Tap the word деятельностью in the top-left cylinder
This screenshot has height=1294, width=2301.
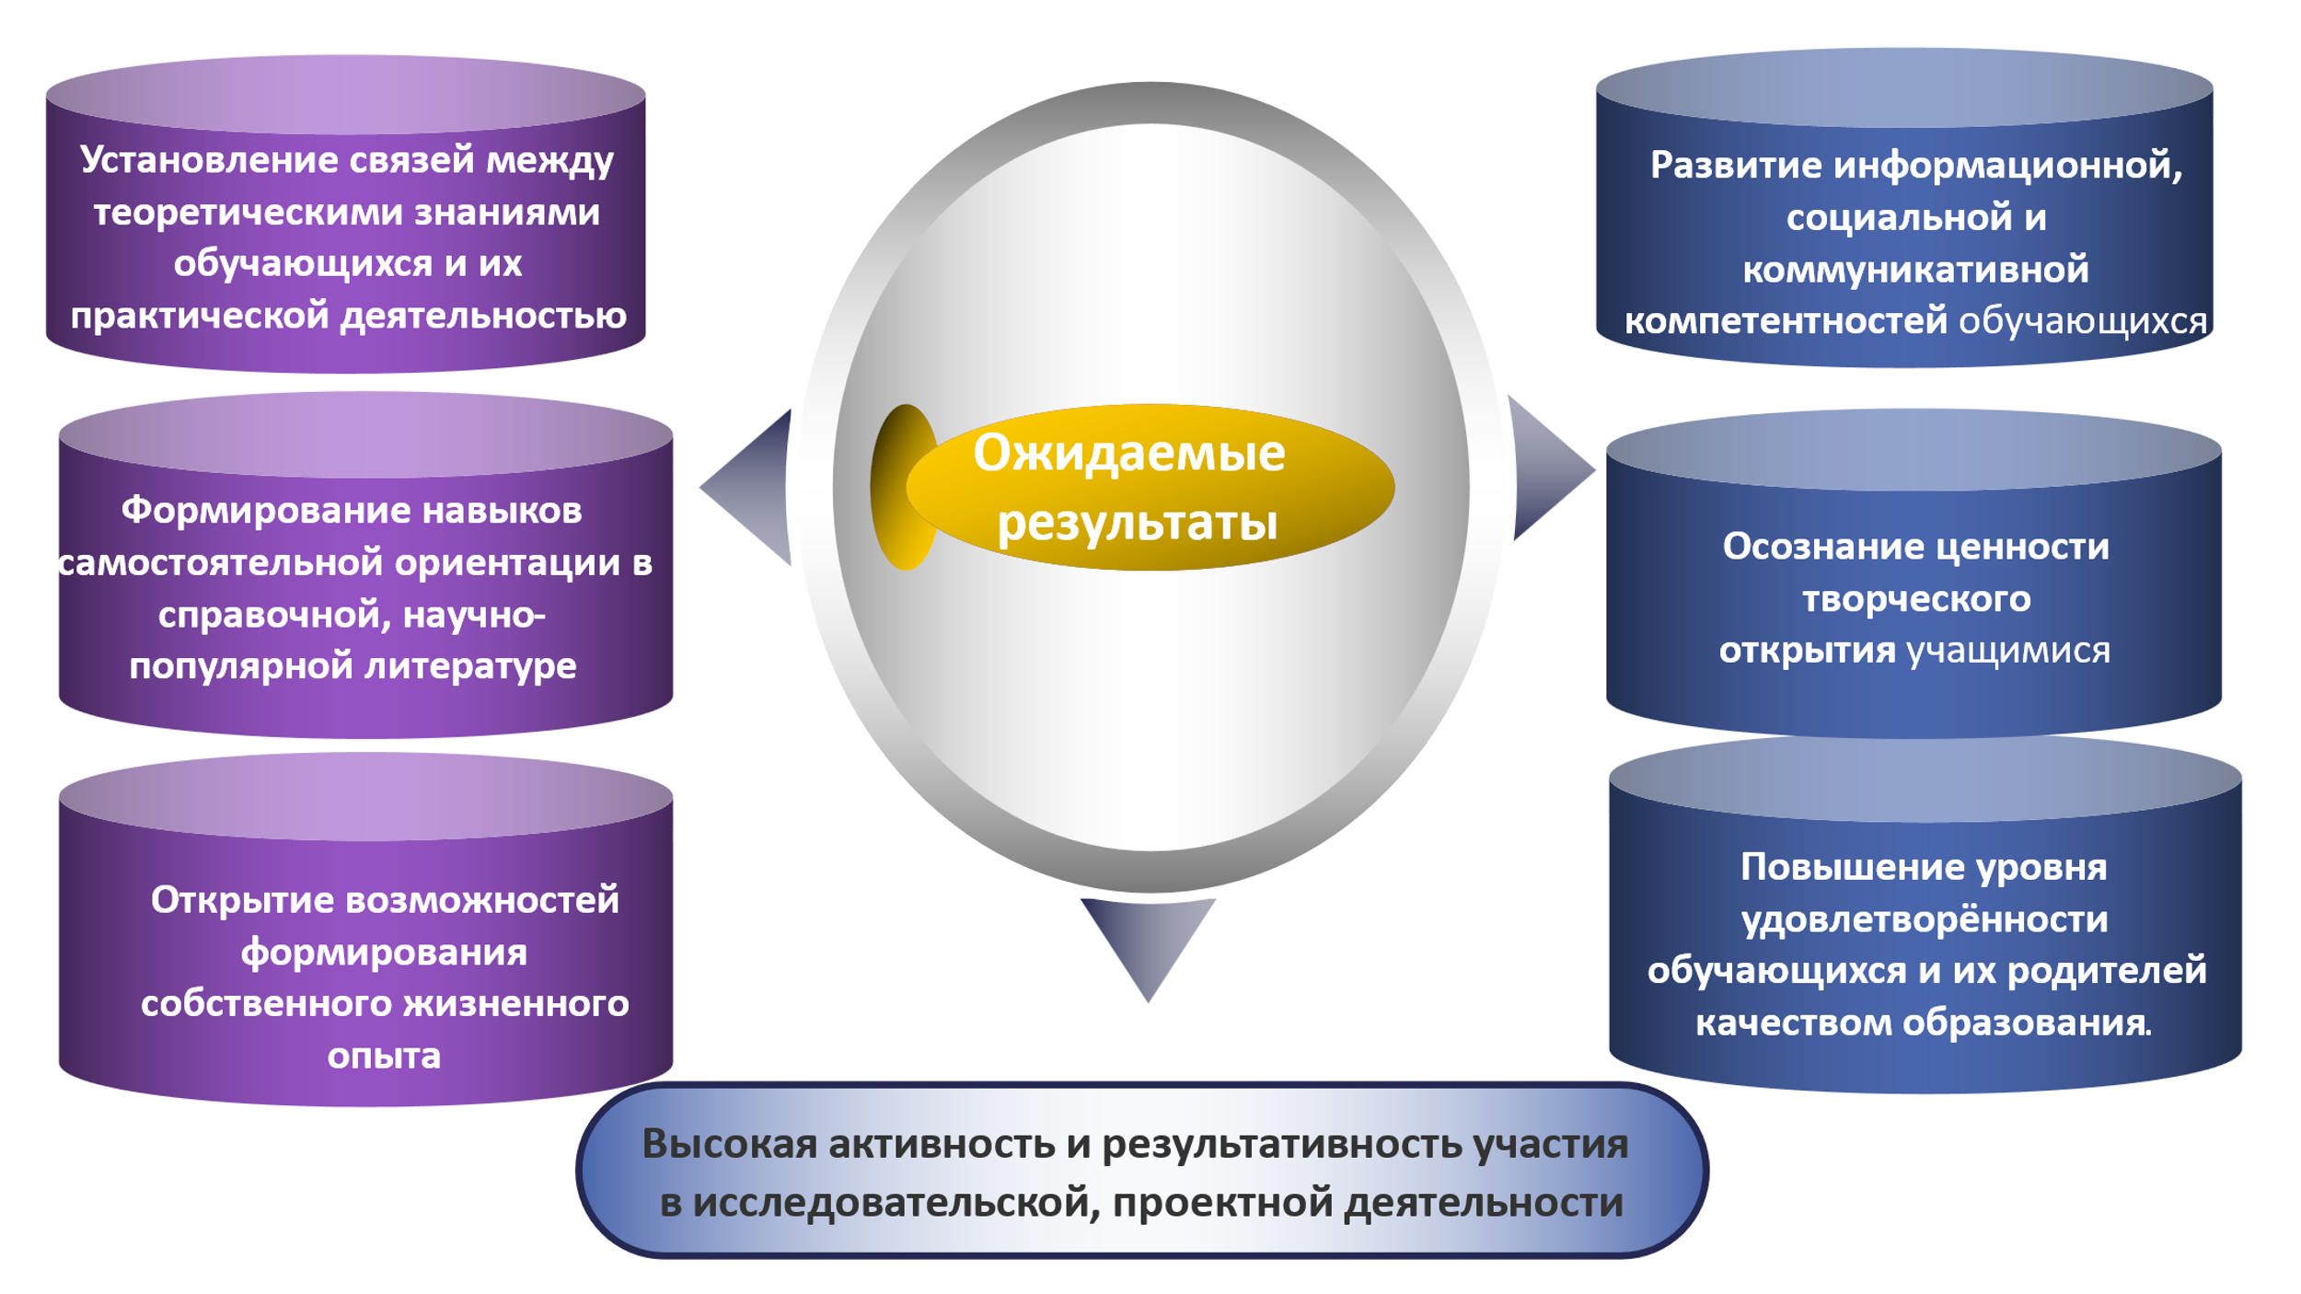[x=484, y=316]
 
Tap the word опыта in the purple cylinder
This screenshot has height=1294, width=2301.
[x=384, y=1056]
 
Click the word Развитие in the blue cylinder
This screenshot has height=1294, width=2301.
[x=1736, y=166]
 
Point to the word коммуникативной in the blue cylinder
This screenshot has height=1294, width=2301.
[x=1915, y=270]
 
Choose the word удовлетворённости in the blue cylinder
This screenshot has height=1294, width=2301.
[x=1925, y=919]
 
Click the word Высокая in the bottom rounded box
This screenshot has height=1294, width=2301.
[x=730, y=1144]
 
